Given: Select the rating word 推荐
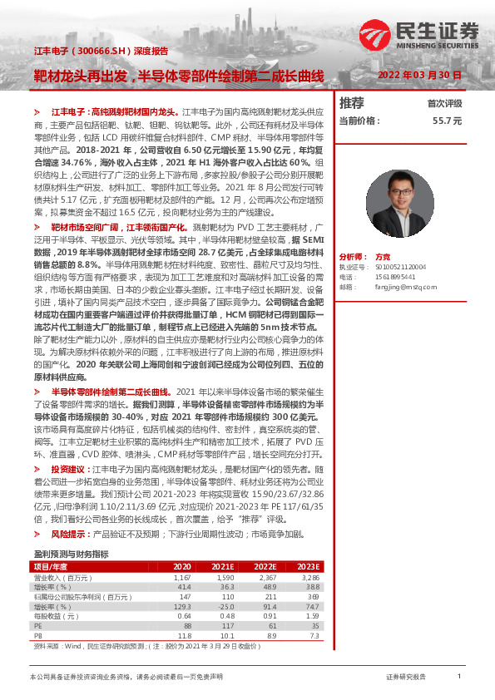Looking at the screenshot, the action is point(352,103).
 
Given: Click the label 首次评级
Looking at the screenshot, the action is point(444,104).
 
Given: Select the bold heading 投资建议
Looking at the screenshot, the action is point(68,469).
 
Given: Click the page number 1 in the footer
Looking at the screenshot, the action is point(459,677).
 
